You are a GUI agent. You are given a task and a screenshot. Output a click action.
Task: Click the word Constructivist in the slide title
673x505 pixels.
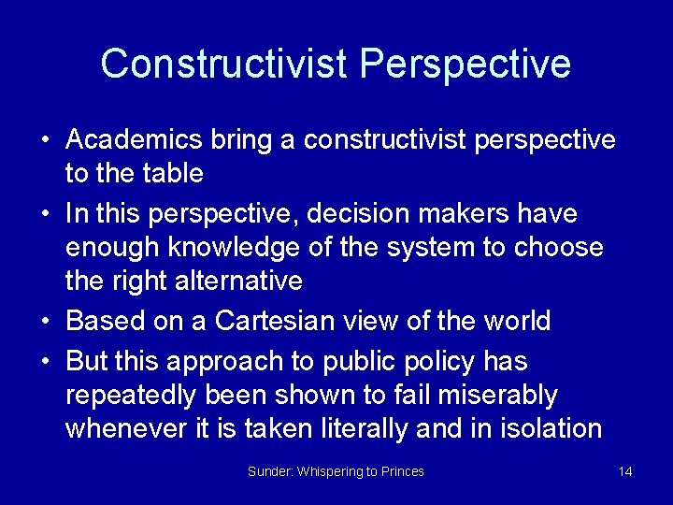[224, 64]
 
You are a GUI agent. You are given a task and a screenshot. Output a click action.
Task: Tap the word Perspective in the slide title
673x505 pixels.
[465, 64]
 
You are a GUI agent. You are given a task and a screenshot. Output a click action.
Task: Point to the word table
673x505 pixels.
[177, 174]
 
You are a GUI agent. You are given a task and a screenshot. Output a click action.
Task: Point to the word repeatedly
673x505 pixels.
[133, 396]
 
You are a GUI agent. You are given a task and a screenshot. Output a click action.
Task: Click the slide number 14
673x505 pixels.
[625, 471]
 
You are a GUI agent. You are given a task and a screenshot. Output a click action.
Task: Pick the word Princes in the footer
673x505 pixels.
[402, 471]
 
